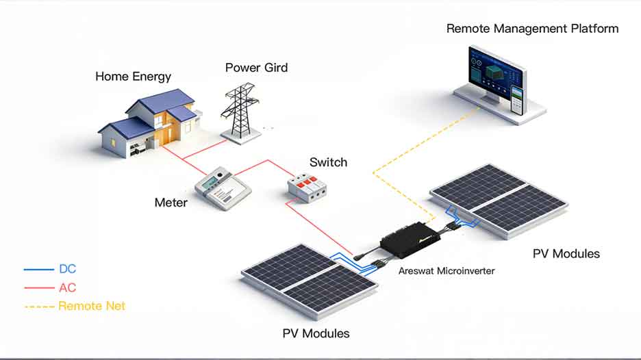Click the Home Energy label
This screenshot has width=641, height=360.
pos(133,76)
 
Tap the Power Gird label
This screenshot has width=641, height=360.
pos(256,68)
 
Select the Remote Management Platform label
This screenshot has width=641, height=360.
pos(532,29)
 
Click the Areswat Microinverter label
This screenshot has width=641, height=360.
pos(447,271)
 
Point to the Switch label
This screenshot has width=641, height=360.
pos(328,162)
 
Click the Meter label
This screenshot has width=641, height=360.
pos(171,203)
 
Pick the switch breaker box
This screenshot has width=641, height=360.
pos(309,186)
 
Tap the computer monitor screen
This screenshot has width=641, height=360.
pos(494,73)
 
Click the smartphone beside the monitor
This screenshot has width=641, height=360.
pos(518,100)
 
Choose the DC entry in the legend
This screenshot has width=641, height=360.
pos(68,269)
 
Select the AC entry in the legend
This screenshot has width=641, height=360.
pos(68,287)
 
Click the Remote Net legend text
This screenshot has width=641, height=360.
pos(92,306)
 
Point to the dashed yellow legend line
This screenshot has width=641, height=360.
pos(38,306)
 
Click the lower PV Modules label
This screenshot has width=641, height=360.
pos(316,333)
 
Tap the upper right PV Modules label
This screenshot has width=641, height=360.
pos(566,254)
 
